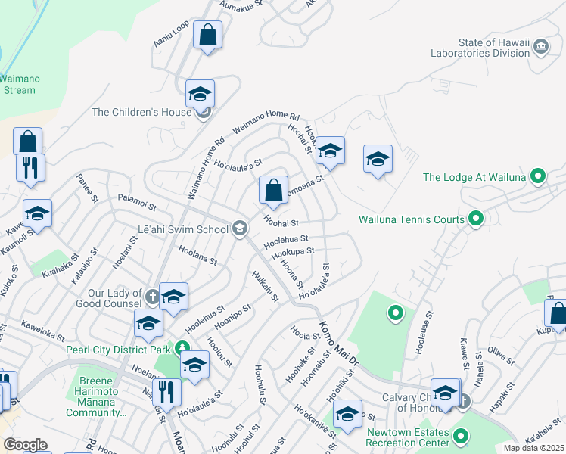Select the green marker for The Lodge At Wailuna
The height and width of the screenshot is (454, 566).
click(538, 177)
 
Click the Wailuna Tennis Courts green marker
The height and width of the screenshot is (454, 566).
click(476, 219)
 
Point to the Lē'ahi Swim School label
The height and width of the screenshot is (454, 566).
click(182, 229)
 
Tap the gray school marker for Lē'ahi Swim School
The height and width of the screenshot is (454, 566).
click(240, 229)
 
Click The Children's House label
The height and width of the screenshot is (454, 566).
click(141, 112)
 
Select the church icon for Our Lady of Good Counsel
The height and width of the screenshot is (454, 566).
click(152, 296)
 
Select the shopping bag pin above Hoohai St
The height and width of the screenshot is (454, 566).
click(273, 190)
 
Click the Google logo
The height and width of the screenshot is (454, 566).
click(25, 444)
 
